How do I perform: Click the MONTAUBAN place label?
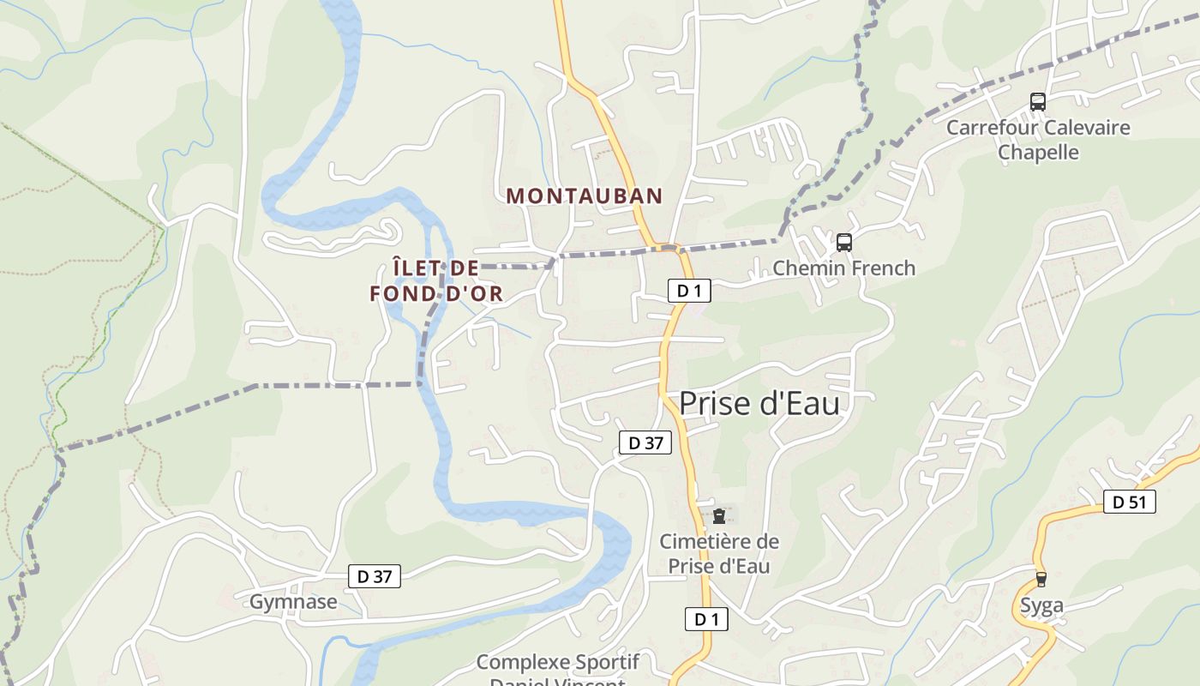(x=585, y=196)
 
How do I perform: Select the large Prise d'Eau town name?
(x=759, y=404)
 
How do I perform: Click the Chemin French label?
(x=843, y=268)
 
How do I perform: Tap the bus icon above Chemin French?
(x=844, y=243)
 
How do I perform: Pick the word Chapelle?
(x=1038, y=153)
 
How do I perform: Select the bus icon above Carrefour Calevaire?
(x=1038, y=102)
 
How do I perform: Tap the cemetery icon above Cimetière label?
(x=718, y=516)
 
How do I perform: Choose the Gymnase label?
(x=293, y=602)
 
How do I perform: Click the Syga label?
(x=1041, y=605)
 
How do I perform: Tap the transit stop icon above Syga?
(x=1041, y=580)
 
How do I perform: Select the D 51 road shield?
(x=1129, y=502)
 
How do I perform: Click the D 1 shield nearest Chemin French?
(x=689, y=291)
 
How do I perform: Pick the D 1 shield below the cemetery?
(x=706, y=619)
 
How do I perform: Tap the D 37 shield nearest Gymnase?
(x=375, y=576)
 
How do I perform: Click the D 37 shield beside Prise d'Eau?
(x=645, y=442)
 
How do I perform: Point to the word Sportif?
(x=608, y=662)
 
